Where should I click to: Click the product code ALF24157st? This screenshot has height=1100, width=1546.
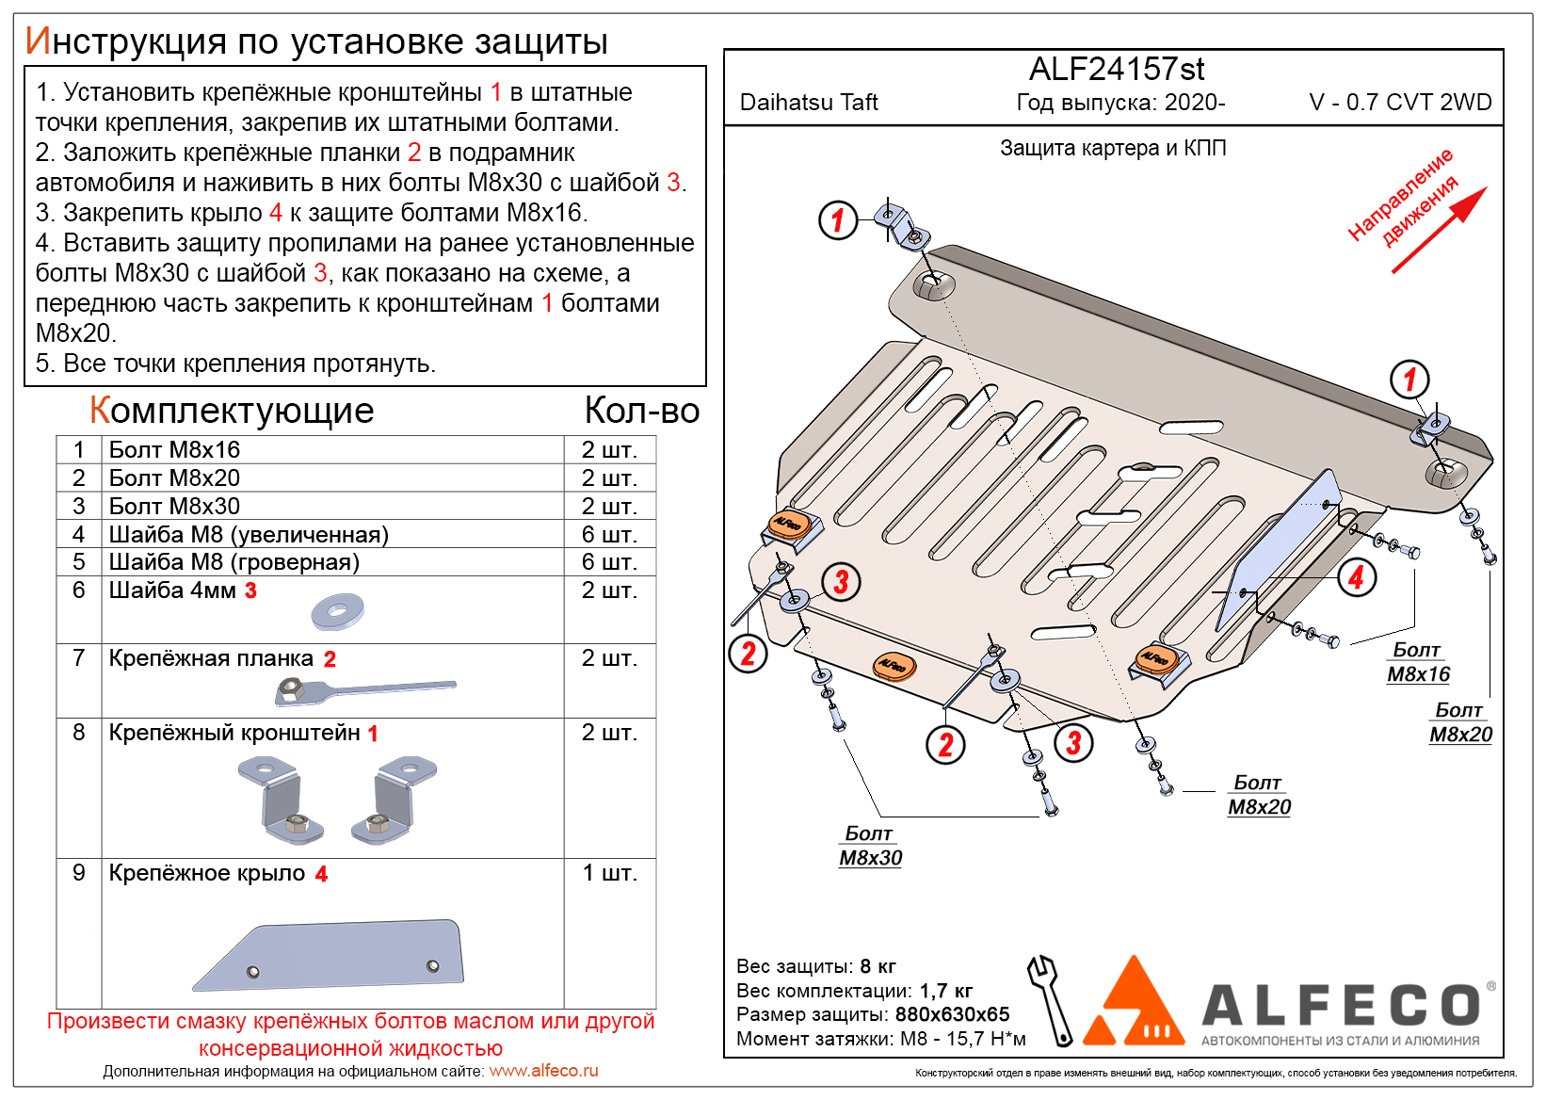1116,70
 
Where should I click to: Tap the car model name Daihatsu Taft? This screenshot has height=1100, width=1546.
808,103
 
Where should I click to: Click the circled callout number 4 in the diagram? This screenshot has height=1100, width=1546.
1356,577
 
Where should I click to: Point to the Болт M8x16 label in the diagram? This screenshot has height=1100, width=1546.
1418,663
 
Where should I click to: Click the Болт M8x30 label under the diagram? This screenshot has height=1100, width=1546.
870,847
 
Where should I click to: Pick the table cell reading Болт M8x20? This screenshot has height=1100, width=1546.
174,478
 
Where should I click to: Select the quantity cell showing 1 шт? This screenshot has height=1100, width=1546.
609,873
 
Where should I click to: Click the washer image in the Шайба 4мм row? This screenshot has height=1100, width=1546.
337,612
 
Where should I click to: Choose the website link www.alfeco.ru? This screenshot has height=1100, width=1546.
543,1071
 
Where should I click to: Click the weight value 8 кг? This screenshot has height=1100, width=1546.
878,966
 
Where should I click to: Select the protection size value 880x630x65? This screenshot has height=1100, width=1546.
952,1014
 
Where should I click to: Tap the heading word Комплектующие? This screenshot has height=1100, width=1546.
232,411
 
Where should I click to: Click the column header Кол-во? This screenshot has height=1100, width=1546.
641,411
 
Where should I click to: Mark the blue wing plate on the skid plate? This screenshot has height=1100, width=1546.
1280,546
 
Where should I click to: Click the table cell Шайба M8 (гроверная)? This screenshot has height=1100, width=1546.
234,562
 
